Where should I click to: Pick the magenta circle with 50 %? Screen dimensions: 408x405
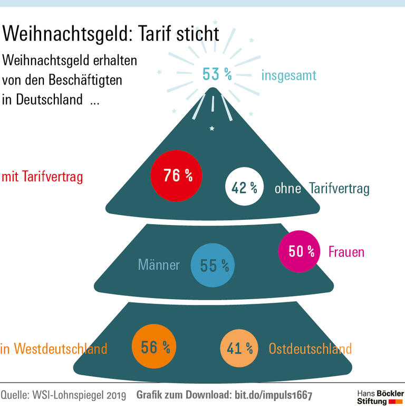299,252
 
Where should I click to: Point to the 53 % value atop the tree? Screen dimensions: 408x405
217,75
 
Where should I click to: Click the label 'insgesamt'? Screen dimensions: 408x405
288,76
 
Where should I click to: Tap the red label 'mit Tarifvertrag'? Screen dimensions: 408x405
42,177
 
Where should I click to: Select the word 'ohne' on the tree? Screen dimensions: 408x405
287,189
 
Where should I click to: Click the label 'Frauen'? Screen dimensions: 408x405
346,252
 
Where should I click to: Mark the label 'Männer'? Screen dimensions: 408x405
159,265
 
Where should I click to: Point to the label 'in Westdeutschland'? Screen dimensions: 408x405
54,349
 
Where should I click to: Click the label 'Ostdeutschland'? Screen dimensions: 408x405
310,349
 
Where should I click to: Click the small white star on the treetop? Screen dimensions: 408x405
212,128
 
